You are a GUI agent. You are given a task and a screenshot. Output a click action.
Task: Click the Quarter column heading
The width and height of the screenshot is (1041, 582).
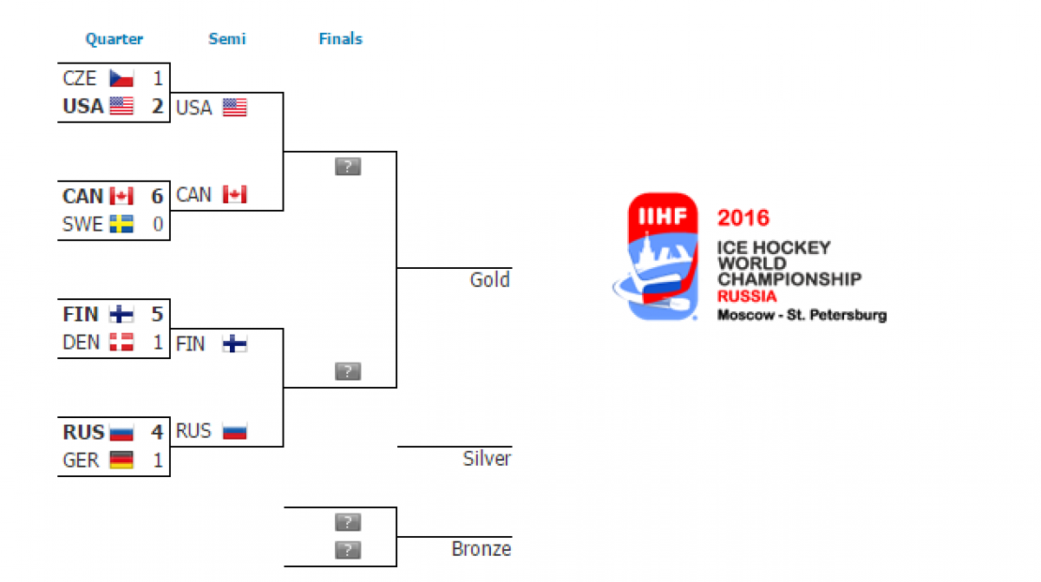pos(114,39)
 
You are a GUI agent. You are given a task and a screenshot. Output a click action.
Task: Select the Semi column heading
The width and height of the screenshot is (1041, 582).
pos(227,39)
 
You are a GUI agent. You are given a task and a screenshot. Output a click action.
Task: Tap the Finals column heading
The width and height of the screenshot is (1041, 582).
pos(340,39)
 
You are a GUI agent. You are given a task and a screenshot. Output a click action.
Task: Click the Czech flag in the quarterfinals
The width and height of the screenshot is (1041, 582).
pos(121,79)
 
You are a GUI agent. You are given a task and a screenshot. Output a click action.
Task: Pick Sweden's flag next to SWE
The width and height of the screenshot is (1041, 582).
pos(121,225)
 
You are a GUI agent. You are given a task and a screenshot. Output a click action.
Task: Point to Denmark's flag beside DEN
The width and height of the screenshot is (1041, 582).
pos(121,343)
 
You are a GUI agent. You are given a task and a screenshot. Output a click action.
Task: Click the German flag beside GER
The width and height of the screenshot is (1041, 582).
pos(121,461)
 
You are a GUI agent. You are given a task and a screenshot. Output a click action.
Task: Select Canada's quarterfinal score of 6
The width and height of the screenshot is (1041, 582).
pos(157,196)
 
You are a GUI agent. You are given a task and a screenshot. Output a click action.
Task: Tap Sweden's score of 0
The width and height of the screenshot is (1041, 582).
pos(158,225)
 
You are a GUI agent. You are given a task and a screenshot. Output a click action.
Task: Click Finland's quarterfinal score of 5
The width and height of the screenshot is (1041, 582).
pos(157,314)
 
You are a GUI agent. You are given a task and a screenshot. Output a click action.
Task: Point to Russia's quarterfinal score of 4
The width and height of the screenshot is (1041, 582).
pos(157,432)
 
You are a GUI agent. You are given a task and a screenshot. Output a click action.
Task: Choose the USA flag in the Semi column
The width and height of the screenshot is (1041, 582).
pos(235,108)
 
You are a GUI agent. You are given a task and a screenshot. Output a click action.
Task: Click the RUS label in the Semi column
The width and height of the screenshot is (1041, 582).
pos(193,431)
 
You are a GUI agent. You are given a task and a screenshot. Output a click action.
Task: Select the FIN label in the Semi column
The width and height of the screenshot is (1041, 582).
pos(191,343)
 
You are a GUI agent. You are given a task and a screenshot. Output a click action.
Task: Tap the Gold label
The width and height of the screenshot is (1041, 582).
pos(490,280)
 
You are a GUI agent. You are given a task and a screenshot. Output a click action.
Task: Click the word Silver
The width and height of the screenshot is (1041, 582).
pos(487,459)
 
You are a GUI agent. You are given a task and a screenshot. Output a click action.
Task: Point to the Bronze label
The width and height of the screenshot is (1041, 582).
pos(481,549)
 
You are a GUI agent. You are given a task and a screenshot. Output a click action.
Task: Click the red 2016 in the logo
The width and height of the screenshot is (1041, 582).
pos(743,218)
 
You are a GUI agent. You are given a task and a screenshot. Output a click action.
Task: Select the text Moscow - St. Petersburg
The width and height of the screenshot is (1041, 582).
pos(802,315)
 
